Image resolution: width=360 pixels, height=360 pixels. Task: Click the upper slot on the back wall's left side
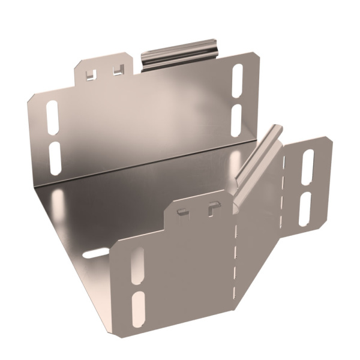tap(52, 113)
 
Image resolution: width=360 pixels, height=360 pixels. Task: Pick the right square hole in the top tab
tap(117, 71)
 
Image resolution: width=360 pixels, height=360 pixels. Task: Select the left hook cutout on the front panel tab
tap(184, 211)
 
